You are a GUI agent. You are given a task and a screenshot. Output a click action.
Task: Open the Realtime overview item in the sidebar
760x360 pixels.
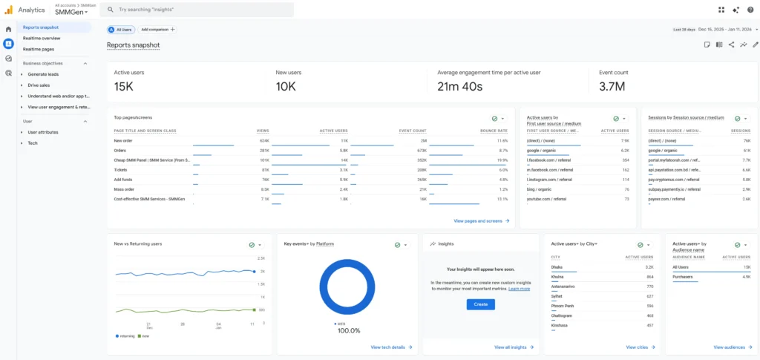pos(42,38)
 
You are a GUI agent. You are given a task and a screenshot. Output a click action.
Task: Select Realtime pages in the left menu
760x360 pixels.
pos(39,49)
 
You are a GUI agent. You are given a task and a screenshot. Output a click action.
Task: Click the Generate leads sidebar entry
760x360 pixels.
pos(44,75)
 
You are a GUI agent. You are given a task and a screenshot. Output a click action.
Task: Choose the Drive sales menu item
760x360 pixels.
pos(39,85)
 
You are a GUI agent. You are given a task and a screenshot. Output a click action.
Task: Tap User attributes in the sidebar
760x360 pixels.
pos(43,132)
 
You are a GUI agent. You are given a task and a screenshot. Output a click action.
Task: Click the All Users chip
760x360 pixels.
pos(121,30)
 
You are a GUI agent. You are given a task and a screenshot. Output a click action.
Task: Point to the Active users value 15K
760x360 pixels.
pos(123,87)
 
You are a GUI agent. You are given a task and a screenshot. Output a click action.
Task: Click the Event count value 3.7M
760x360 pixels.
pos(612,87)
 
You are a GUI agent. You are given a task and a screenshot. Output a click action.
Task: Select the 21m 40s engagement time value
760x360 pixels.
pos(460,87)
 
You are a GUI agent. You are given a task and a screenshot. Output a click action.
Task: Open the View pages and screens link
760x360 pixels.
pos(481,220)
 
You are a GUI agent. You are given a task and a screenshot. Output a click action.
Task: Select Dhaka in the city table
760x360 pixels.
pos(557,266)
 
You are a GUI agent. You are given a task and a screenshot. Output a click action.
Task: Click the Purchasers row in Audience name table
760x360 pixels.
pos(683,276)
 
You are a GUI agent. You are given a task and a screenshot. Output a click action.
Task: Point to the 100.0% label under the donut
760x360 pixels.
pos(348,331)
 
